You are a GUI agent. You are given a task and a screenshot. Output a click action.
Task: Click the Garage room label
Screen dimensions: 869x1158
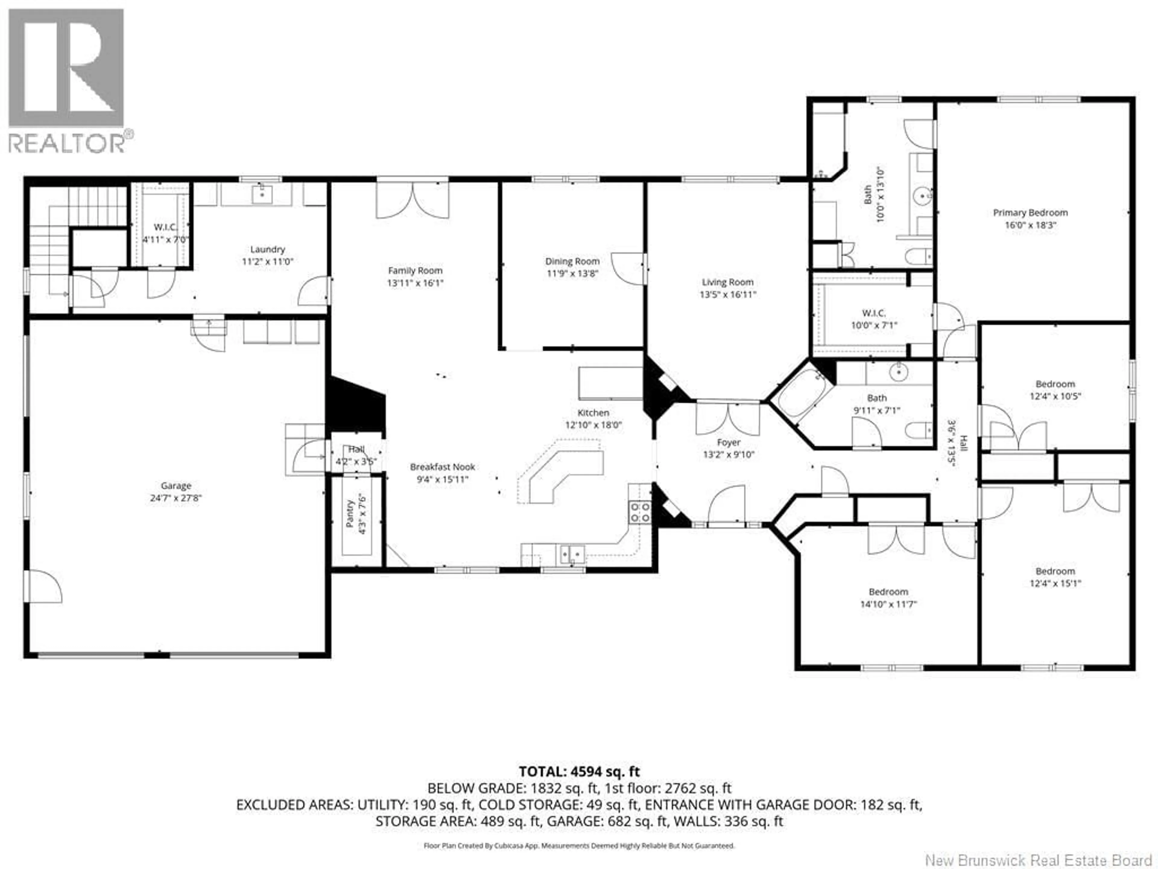[x=176, y=485]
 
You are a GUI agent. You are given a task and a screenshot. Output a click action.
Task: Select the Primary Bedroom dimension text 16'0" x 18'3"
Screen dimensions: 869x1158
[x=1030, y=225]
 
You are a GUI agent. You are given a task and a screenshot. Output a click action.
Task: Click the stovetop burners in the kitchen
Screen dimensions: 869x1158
[x=640, y=512]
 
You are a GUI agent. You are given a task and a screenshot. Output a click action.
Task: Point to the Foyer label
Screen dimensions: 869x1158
[x=729, y=443]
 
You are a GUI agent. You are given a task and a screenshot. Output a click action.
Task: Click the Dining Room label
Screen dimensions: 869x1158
[x=572, y=261]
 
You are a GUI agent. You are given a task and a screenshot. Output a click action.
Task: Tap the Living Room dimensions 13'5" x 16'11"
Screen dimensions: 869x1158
[x=728, y=295]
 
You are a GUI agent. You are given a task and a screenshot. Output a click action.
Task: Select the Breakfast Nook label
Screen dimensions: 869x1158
[x=442, y=467]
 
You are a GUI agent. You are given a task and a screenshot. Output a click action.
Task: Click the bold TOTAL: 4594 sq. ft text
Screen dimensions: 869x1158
[x=579, y=772]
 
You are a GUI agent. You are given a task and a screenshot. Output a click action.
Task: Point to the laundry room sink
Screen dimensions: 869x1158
[x=261, y=194]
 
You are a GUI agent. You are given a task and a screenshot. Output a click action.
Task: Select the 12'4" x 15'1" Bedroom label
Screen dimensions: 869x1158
[x=1055, y=571]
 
